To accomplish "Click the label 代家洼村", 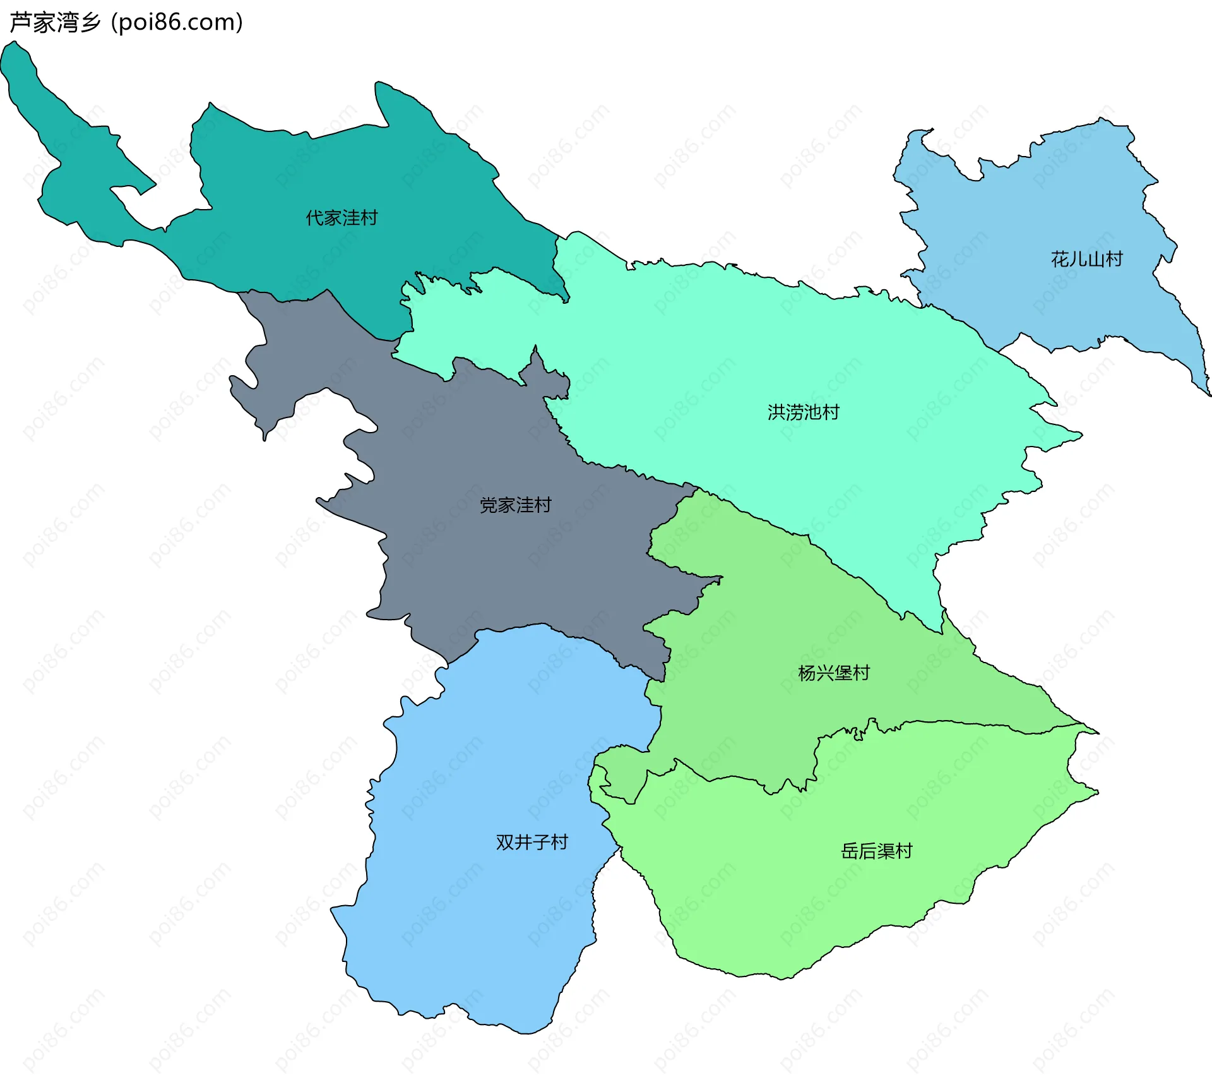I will (x=342, y=218).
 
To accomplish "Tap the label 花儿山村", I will (x=1086, y=259).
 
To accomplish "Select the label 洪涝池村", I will (x=803, y=412).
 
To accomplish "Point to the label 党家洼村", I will (x=515, y=505).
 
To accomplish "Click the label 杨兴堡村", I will (x=833, y=673).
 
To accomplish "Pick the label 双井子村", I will (x=532, y=842).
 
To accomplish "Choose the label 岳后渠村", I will (x=876, y=851).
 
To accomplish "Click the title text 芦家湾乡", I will (x=56, y=23).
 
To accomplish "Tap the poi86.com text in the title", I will (x=177, y=23).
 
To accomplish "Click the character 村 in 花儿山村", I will (x=1114, y=259).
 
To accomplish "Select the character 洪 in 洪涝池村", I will (x=776, y=412).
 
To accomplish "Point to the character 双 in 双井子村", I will (x=504, y=842).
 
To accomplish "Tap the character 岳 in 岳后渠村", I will (x=850, y=851).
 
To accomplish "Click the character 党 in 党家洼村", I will (x=489, y=505).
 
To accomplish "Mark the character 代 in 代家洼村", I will (x=314, y=218).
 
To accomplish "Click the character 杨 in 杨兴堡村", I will (x=807, y=673).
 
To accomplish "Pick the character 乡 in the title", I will (x=90, y=23).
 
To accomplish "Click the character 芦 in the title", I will (x=21, y=23).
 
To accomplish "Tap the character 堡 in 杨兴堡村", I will (x=843, y=673).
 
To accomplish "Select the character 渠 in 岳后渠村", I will (x=886, y=851).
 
